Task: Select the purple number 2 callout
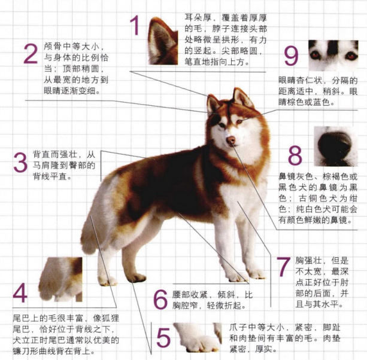point(31,54)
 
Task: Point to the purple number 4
point(20,294)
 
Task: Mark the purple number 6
point(159,298)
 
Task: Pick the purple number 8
point(294,155)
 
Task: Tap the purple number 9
point(291,56)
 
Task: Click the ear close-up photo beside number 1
point(163,41)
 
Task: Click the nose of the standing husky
point(230,141)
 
